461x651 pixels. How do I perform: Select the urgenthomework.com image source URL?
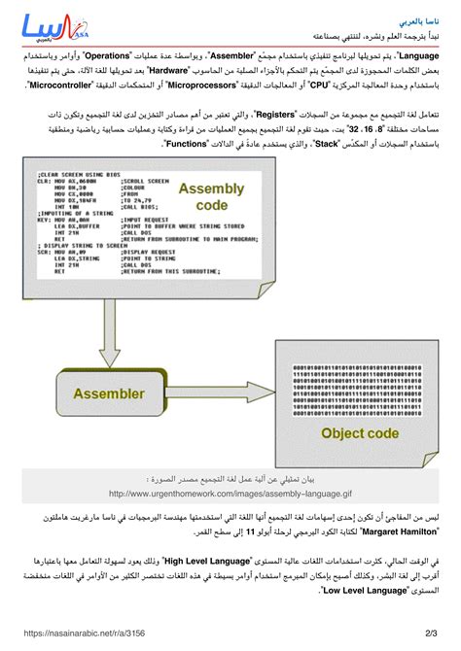pyautogui.click(x=230, y=492)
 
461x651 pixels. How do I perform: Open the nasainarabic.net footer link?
pyautogui.click(x=72, y=633)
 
